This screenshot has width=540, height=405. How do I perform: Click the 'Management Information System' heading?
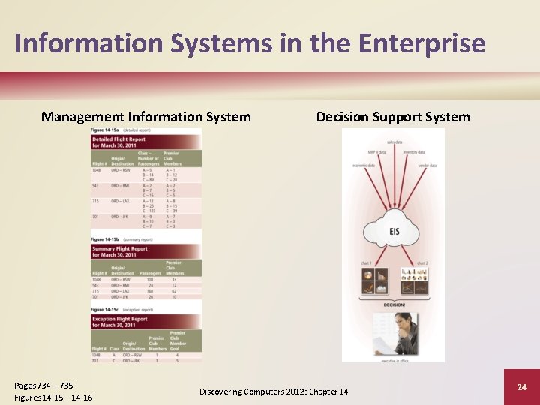[146, 117]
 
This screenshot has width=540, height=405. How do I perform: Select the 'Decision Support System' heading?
[393, 117]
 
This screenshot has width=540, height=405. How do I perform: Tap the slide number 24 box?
[522, 387]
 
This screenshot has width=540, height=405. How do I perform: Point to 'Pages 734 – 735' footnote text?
[43, 385]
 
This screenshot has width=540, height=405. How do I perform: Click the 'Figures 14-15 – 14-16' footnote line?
[53, 397]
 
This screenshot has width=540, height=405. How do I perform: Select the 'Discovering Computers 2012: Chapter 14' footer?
[274, 391]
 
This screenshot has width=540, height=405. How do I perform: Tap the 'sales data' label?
[394, 142]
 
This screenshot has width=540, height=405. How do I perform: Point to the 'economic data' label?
[364, 166]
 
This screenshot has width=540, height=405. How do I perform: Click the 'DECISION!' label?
[394, 305]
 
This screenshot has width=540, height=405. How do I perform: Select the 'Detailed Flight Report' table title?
[118, 142]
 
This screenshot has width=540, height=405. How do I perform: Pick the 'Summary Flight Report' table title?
[120, 251]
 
